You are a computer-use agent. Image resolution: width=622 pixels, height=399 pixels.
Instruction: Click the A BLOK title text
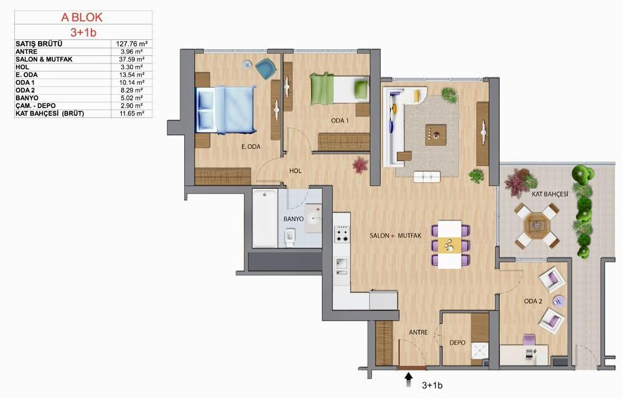click(x=81, y=18)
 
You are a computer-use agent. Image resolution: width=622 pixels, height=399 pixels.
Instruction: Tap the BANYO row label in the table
click(x=28, y=98)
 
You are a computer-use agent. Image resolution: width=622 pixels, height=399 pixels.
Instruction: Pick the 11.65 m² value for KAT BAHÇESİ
click(x=131, y=113)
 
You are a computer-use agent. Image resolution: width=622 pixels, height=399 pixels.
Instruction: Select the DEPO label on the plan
click(x=457, y=342)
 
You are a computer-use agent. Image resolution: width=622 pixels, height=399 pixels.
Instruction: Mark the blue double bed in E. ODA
click(x=226, y=110)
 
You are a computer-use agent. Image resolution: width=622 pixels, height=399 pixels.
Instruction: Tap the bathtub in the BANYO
click(x=264, y=218)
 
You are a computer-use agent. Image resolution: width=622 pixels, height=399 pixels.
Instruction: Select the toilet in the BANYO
click(x=289, y=238)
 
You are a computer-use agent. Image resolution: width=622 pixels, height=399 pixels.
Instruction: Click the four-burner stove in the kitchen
click(x=342, y=234)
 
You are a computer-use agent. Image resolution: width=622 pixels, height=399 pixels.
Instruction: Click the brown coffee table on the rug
click(x=435, y=134)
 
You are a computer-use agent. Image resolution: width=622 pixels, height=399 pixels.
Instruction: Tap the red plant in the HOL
click(x=360, y=165)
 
